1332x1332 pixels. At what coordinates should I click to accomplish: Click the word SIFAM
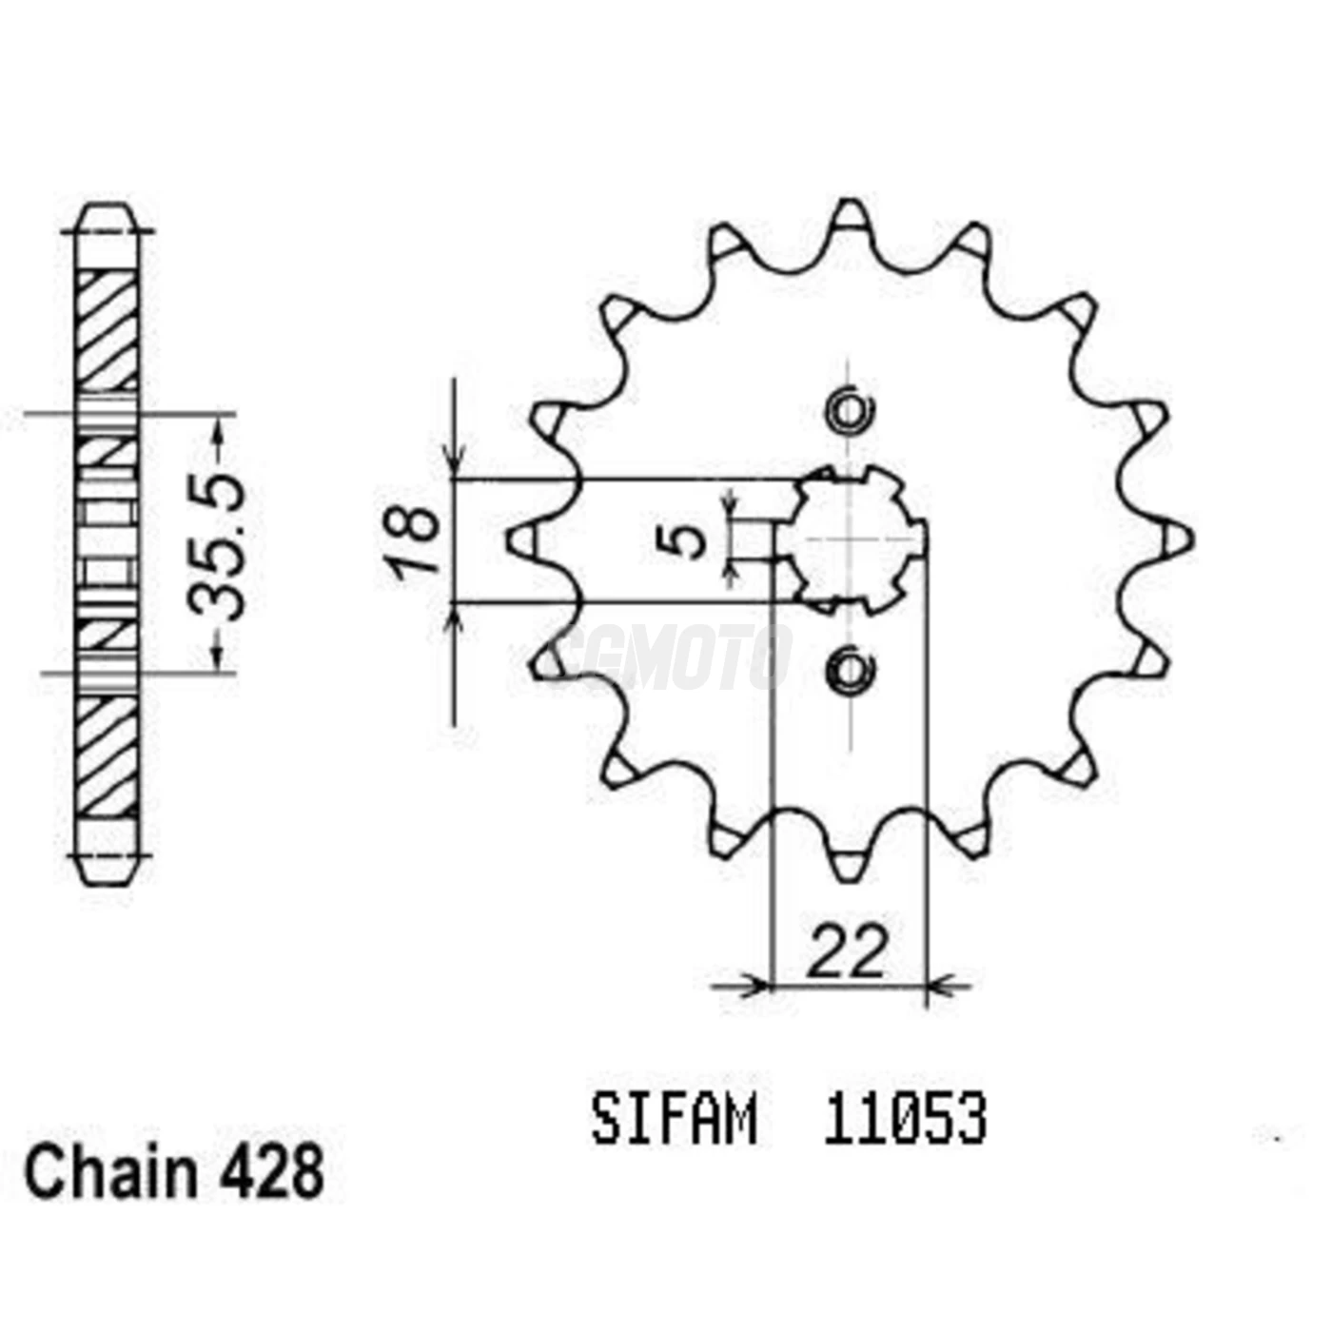675,1121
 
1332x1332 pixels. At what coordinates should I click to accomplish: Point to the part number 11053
904,1121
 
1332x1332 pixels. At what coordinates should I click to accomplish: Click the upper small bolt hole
850,411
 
